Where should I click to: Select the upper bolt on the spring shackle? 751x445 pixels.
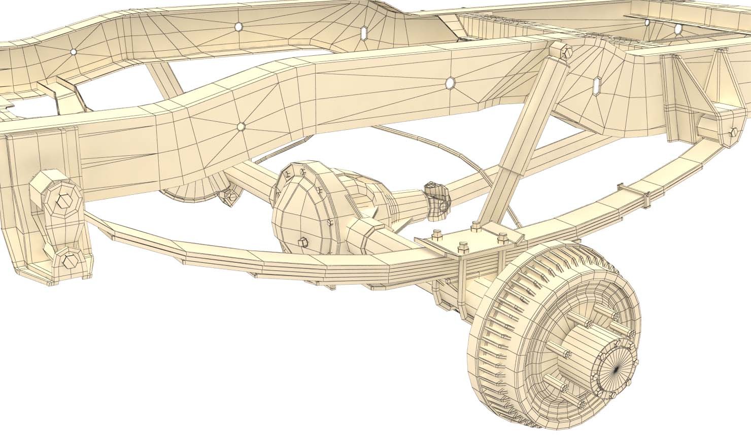[x=63, y=200]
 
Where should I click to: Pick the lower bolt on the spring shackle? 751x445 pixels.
[x=68, y=261]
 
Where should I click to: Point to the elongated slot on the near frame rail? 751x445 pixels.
[x=597, y=86]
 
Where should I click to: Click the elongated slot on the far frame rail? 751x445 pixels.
[x=364, y=32]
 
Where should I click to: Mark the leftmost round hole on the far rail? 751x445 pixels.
[x=73, y=52]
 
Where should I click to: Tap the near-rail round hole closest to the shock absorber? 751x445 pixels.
[x=450, y=82]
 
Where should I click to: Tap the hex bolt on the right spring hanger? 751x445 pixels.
[x=732, y=132]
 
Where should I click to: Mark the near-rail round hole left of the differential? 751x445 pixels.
[x=241, y=126]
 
